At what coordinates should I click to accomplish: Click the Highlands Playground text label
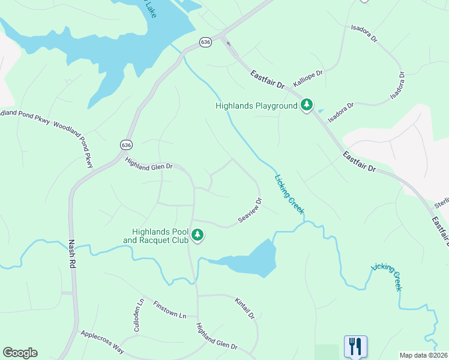click(257, 106)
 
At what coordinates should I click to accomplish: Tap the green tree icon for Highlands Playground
click(307, 106)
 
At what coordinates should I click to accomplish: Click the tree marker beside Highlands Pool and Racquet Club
click(197, 236)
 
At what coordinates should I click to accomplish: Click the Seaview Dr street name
click(250, 211)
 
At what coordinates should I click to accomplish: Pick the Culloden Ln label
click(139, 316)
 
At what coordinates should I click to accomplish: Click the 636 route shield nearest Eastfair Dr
click(206, 42)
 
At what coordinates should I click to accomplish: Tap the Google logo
click(20, 353)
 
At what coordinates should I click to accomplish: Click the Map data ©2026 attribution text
click(423, 355)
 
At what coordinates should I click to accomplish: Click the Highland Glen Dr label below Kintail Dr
click(217, 337)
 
